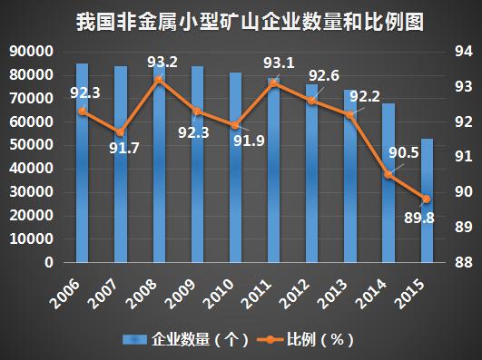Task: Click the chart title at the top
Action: (241, 19)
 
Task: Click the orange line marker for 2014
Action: (389, 174)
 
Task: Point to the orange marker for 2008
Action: (159, 80)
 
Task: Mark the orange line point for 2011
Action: (274, 83)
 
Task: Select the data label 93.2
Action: (162, 63)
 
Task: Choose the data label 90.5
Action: (403, 151)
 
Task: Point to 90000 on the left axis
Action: (31, 52)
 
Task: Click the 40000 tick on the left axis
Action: (31, 169)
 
